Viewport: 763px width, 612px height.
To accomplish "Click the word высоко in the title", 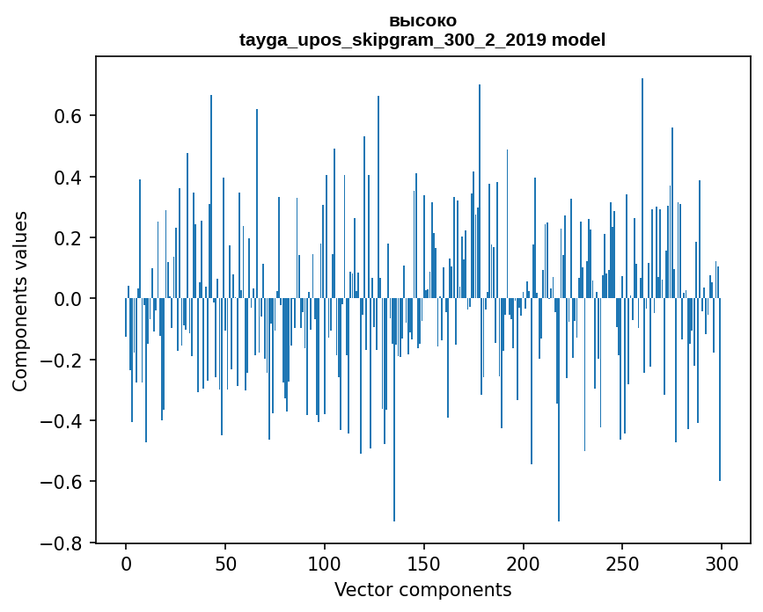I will pyautogui.click(x=422, y=21).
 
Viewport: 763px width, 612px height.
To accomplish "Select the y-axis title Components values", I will pyautogui.click(x=20, y=301).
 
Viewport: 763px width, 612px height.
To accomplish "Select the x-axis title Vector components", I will pyautogui.click(x=422, y=590).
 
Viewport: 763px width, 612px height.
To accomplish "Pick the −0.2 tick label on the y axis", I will pyautogui.click(x=64, y=361).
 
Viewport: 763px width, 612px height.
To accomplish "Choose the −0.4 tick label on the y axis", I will pyautogui.click(x=64, y=421).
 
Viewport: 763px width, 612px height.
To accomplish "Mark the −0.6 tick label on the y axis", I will pyautogui.click(x=64, y=482).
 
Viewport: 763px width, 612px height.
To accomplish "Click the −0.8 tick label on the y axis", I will pyautogui.click(x=64, y=543).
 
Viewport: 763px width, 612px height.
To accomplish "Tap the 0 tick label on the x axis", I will pyautogui.click(x=126, y=563).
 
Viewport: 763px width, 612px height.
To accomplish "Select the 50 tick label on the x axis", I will pyautogui.click(x=225, y=563).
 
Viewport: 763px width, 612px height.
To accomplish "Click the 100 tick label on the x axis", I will pyautogui.click(x=325, y=563).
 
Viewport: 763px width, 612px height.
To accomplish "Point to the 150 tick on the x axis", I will pyautogui.click(x=424, y=563).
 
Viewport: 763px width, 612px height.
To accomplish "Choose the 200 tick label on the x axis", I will pyautogui.click(x=524, y=563).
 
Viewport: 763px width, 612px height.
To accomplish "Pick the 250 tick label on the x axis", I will pyautogui.click(x=622, y=563).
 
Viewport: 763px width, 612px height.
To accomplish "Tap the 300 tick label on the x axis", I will pyautogui.click(x=722, y=563).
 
